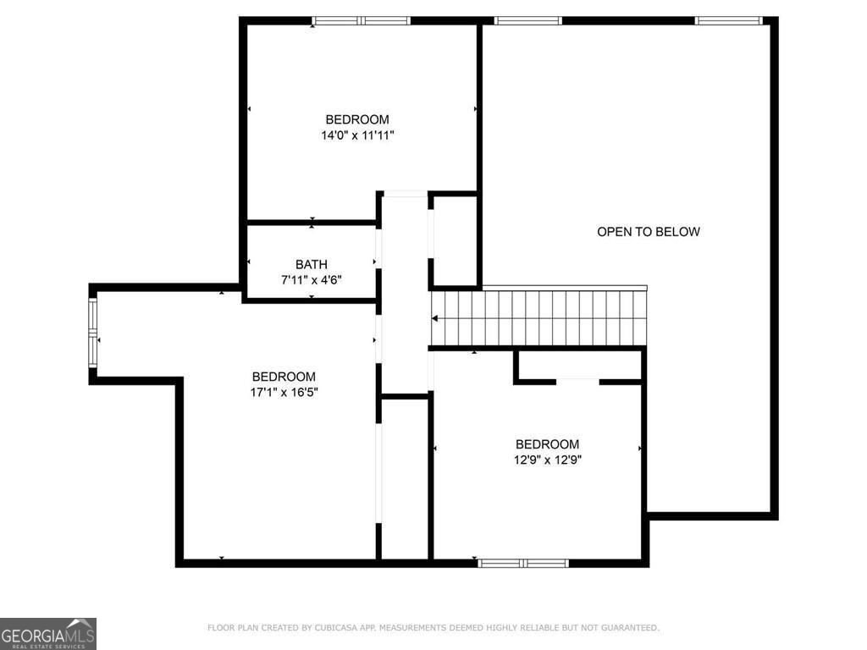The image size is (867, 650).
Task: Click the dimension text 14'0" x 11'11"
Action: pos(357,135)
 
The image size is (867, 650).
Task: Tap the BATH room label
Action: pos(311,264)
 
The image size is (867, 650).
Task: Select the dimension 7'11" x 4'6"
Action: pos(311,279)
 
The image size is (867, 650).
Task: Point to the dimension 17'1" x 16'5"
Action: pos(284,392)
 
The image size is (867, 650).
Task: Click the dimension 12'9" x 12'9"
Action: pos(548,460)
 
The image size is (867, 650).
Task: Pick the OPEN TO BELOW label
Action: pos(649,231)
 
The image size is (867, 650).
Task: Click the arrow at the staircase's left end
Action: pos(435,319)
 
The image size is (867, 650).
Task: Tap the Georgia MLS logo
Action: pos(48,633)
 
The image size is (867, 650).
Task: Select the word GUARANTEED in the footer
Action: pos(627,628)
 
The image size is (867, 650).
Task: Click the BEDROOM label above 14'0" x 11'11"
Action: pos(357,119)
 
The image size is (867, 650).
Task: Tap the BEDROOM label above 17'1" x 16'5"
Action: pos(284,377)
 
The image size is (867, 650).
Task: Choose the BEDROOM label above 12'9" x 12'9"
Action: pos(548,444)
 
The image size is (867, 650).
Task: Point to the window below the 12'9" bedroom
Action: pos(523,563)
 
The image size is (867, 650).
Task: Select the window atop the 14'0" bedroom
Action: pos(361,20)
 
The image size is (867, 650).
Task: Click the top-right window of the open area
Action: pos(729,20)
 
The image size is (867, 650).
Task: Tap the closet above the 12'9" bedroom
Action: pos(579,365)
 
